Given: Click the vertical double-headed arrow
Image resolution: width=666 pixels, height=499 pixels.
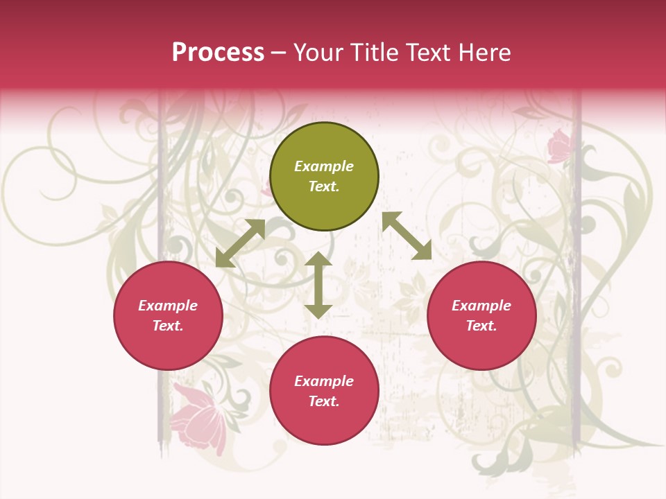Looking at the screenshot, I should point(318,285).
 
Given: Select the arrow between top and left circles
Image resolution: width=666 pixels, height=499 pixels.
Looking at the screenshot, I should point(240,243).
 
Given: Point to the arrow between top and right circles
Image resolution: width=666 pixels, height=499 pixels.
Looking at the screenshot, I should point(407,236).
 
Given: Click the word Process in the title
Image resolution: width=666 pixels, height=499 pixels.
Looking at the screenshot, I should point(218,53).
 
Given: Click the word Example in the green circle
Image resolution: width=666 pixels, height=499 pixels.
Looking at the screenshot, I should point(324,166).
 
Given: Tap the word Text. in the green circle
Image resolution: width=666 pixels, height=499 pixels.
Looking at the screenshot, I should point(324,186).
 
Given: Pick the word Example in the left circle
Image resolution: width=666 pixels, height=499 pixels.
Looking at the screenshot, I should point(168,306).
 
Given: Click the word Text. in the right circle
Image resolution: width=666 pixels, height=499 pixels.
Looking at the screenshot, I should point(481,326).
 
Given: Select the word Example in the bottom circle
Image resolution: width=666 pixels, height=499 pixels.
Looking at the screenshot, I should point(324,381).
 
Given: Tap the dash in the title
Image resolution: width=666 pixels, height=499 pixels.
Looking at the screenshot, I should point(279,53).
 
